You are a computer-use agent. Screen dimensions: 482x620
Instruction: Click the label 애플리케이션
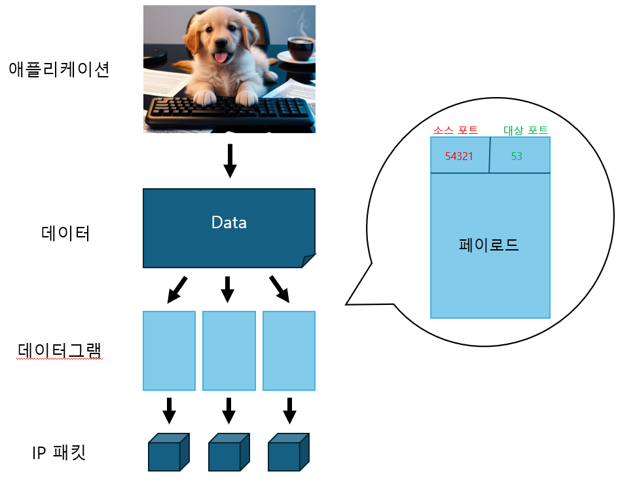(58, 69)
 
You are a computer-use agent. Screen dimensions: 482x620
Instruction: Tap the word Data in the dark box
(228, 222)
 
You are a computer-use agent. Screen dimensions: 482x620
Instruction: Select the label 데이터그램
(59, 351)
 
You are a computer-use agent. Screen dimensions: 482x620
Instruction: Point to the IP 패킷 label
(59, 452)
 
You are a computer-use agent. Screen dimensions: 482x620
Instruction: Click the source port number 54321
(459, 156)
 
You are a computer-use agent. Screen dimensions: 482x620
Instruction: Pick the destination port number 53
(517, 156)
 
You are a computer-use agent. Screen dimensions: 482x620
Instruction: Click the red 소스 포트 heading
(455, 130)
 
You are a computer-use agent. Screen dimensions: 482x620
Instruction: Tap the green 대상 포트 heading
(525, 130)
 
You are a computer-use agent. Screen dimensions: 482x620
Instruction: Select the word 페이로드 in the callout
(489, 245)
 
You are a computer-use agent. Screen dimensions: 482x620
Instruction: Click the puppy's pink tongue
(223, 58)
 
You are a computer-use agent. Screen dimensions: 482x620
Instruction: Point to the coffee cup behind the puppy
(300, 48)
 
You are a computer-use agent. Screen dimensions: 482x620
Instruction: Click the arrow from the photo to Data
(229, 161)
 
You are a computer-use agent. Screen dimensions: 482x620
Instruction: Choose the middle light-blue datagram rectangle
(228, 351)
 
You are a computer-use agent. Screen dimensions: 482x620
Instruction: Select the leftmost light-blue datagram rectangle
(169, 351)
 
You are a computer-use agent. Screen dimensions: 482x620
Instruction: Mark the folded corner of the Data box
(308, 261)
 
